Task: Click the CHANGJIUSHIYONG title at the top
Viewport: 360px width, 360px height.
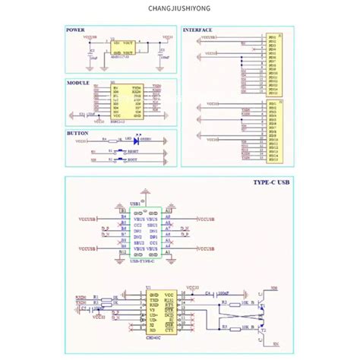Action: (x=180, y=10)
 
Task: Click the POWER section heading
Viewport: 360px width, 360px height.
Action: (x=75, y=30)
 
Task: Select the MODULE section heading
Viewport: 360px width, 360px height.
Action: (x=77, y=81)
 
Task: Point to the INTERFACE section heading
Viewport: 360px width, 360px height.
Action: (x=197, y=30)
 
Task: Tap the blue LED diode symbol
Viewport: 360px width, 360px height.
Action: (x=135, y=140)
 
